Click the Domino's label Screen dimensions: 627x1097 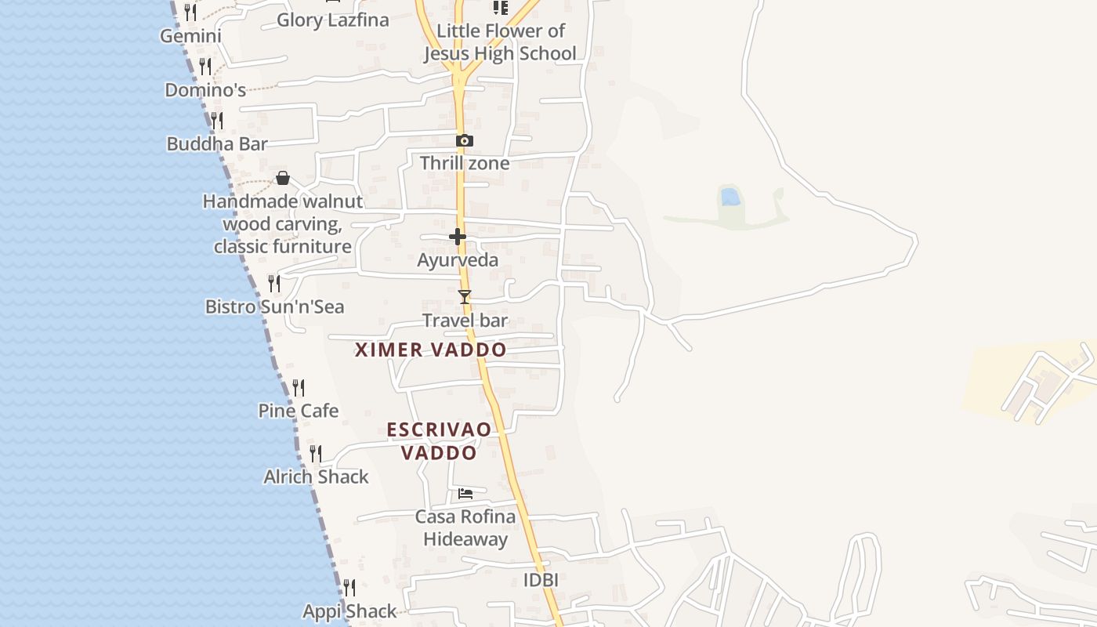(x=205, y=90)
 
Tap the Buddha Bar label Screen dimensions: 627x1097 (x=217, y=144)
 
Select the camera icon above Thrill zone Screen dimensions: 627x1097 (x=465, y=141)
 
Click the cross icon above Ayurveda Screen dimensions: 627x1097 (x=458, y=237)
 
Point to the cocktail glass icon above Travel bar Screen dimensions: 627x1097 (x=465, y=297)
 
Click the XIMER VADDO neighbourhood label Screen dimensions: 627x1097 (x=431, y=350)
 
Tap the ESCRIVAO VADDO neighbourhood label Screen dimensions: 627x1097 (x=439, y=441)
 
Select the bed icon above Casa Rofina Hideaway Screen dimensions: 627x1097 (x=465, y=494)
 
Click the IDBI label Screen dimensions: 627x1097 (x=541, y=581)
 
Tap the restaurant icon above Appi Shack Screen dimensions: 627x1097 (x=349, y=587)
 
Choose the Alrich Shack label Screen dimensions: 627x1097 (x=316, y=477)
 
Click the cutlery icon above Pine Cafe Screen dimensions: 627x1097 (x=299, y=388)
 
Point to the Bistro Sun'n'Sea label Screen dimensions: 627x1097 (x=274, y=306)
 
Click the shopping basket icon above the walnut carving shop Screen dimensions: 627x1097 (x=283, y=179)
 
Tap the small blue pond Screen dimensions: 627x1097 (x=730, y=197)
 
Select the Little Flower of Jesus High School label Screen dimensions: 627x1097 (x=500, y=42)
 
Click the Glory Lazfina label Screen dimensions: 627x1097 (x=333, y=20)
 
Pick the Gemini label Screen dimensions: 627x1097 (x=190, y=36)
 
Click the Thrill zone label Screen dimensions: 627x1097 (x=465, y=164)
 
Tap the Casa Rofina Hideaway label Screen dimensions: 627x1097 (x=465, y=527)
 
